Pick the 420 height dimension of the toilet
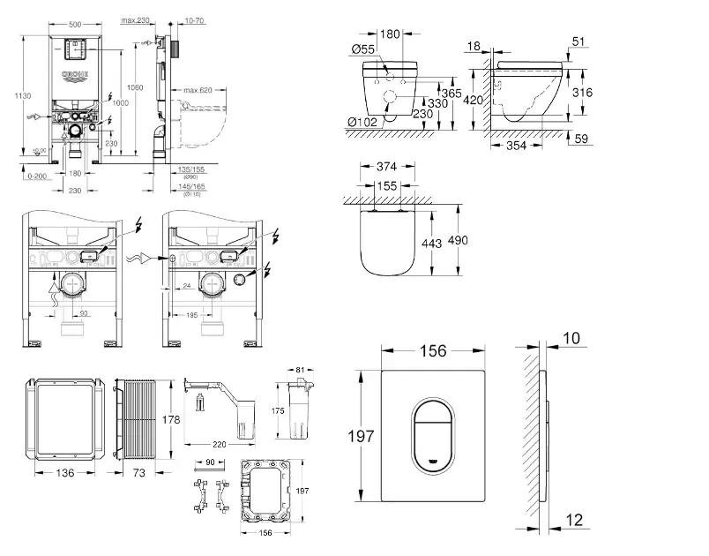[474, 100]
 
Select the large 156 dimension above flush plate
[432, 350]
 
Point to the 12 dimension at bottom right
[575, 522]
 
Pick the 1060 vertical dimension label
[135, 86]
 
